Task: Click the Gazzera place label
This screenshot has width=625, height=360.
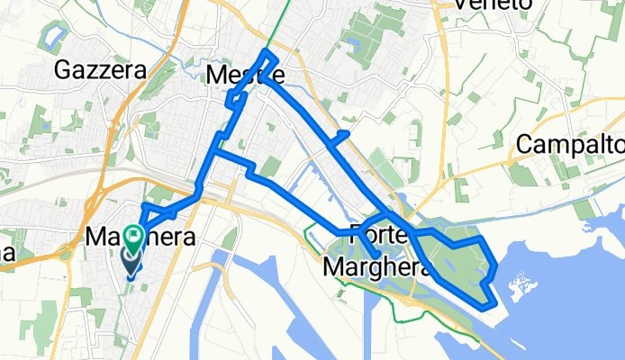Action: point(90,68)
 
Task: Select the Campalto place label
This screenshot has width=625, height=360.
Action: point(570,144)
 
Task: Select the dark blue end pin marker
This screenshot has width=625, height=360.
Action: point(130,260)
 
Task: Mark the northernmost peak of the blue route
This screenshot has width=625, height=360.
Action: point(264,51)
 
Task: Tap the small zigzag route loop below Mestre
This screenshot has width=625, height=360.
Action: point(235,99)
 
